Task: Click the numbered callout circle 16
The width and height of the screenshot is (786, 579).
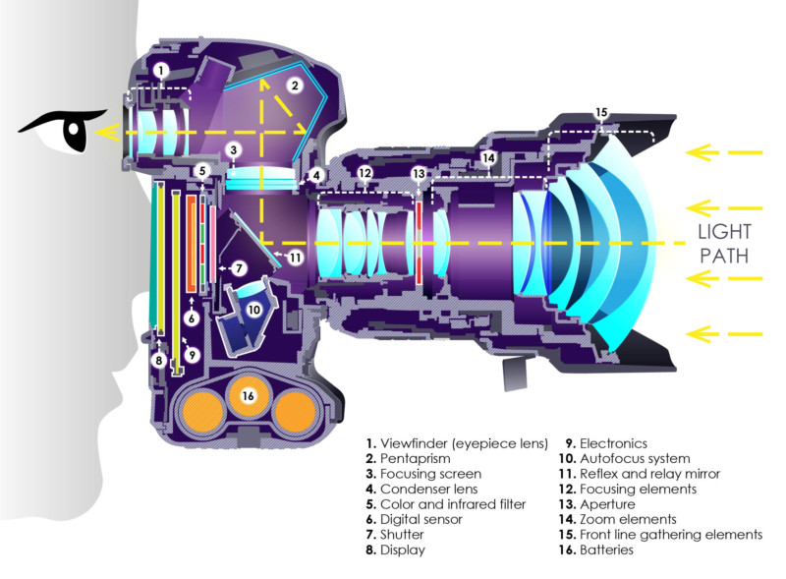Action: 249,396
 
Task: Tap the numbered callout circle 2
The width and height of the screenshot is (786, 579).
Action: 295,86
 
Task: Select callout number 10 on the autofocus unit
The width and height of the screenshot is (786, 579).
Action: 254,310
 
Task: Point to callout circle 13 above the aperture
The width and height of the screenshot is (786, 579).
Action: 419,174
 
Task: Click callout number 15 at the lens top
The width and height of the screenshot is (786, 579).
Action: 601,112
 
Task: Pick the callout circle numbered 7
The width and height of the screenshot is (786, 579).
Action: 239,268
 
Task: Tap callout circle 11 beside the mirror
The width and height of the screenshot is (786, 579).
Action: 296,258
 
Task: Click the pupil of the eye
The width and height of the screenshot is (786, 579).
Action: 75,129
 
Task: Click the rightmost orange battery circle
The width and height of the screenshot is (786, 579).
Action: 296,413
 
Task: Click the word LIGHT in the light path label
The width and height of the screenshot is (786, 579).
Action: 724,232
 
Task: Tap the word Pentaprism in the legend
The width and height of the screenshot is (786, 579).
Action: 415,459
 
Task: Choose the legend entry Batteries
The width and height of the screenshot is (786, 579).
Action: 606,550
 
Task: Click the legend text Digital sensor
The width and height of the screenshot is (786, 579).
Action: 421,519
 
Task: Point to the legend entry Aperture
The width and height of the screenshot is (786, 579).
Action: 607,504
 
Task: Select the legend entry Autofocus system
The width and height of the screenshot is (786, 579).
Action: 635,459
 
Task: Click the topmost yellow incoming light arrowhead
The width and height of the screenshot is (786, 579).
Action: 699,152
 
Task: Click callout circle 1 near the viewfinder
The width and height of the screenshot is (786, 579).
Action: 161,70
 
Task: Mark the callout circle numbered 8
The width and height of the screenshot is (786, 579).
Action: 159,360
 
